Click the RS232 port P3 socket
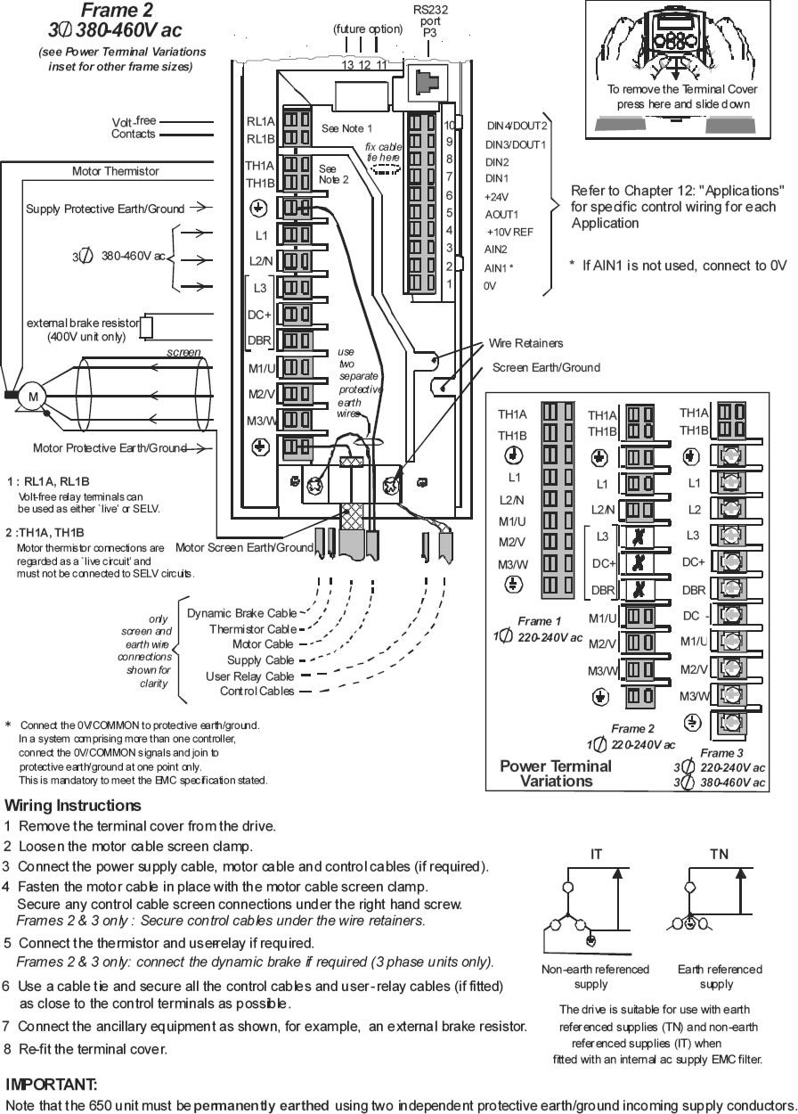[427, 81]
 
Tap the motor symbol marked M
[33, 397]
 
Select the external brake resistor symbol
[146, 327]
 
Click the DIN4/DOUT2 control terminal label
[517, 126]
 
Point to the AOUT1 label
[501, 215]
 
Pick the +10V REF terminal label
[509, 233]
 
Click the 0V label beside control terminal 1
[490, 286]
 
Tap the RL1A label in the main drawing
[260, 121]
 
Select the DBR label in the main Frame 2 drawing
[259, 340]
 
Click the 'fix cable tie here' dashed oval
[385, 169]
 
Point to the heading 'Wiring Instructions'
[72, 806]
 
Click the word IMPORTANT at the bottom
[51, 1085]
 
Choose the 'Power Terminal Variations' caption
[556, 774]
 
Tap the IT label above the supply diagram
[596, 855]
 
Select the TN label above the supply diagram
[719, 855]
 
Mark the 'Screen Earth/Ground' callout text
[546, 367]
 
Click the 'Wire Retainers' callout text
[525, 343]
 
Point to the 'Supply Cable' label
[260, 660]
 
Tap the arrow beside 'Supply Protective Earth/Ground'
[201, 207]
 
